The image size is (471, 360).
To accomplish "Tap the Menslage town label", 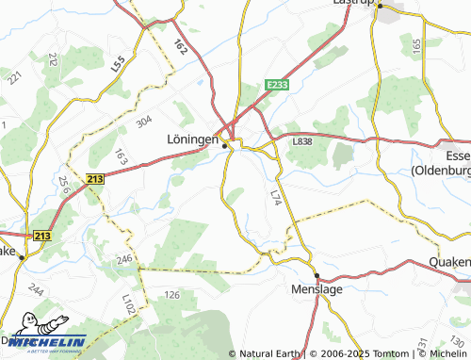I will tap(317, 290).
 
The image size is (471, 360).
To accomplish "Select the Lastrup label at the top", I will tap(354, 3).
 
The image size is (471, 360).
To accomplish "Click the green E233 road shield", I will tap(276, 85).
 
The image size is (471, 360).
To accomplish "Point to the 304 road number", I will tap(143, 122).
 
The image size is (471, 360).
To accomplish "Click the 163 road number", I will tap(120, 155).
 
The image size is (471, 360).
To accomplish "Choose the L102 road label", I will tap(128, 303).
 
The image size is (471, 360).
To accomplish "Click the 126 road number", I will tap(172, 296).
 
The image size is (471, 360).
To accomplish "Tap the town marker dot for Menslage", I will tap(317, 276).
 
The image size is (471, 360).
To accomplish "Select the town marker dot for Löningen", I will tap(224, 145).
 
